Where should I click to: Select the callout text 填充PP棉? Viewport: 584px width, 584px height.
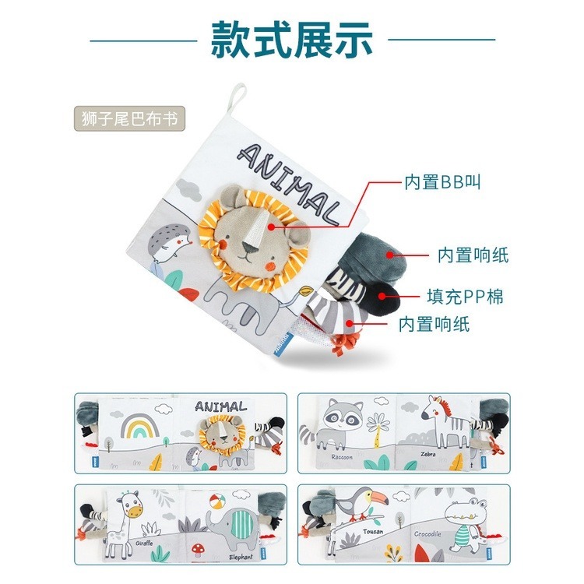(466, 297)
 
